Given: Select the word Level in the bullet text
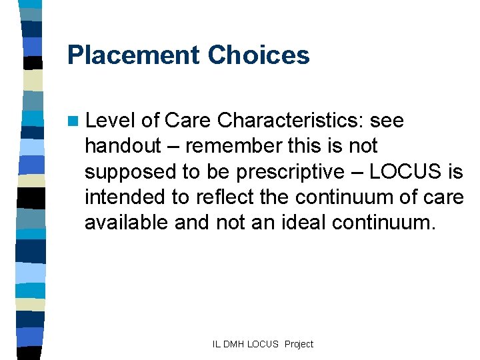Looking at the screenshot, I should (111, 121).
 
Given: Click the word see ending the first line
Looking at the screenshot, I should (387, 121).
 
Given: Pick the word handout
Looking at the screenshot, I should (123, 146).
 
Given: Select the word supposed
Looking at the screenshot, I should (127, 172).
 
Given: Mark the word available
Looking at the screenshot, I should (127, 222).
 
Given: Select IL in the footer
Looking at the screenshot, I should (216, 344).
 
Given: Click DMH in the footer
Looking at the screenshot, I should (233, 344).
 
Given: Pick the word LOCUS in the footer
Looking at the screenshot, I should (264, 344).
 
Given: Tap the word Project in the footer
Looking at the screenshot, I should (299, 344).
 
